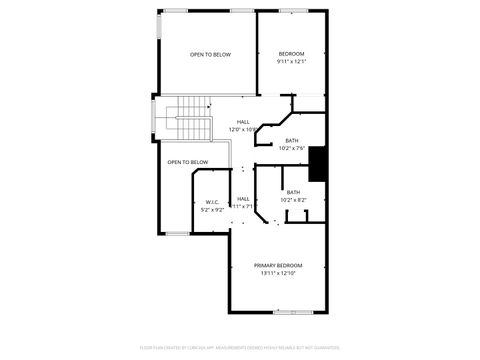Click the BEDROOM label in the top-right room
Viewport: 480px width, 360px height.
point(291,53)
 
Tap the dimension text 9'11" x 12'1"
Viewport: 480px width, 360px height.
point(291,62)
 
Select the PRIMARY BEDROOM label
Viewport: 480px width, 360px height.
point(277,265)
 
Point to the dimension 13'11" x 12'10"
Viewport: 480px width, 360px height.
point(277,273)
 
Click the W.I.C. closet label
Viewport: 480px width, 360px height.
point(211,201)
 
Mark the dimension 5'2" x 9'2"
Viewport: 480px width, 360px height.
point(211,210)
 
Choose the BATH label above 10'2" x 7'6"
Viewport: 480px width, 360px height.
point(291,141)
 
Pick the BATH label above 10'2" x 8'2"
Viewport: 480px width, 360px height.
point(293,191)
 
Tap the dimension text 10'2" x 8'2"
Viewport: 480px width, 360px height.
point(293,200)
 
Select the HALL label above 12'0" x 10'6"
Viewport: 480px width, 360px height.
point(242,121)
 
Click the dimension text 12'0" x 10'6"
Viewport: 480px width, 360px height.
point(242,129)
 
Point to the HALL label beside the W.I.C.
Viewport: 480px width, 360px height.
point(243,198)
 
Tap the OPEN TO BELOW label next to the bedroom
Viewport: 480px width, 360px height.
point(210,54)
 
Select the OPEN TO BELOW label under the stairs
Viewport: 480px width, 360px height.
point(187,162)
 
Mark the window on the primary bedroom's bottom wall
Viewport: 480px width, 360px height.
point(288,312)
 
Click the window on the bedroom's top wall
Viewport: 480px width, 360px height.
point(293,11)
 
